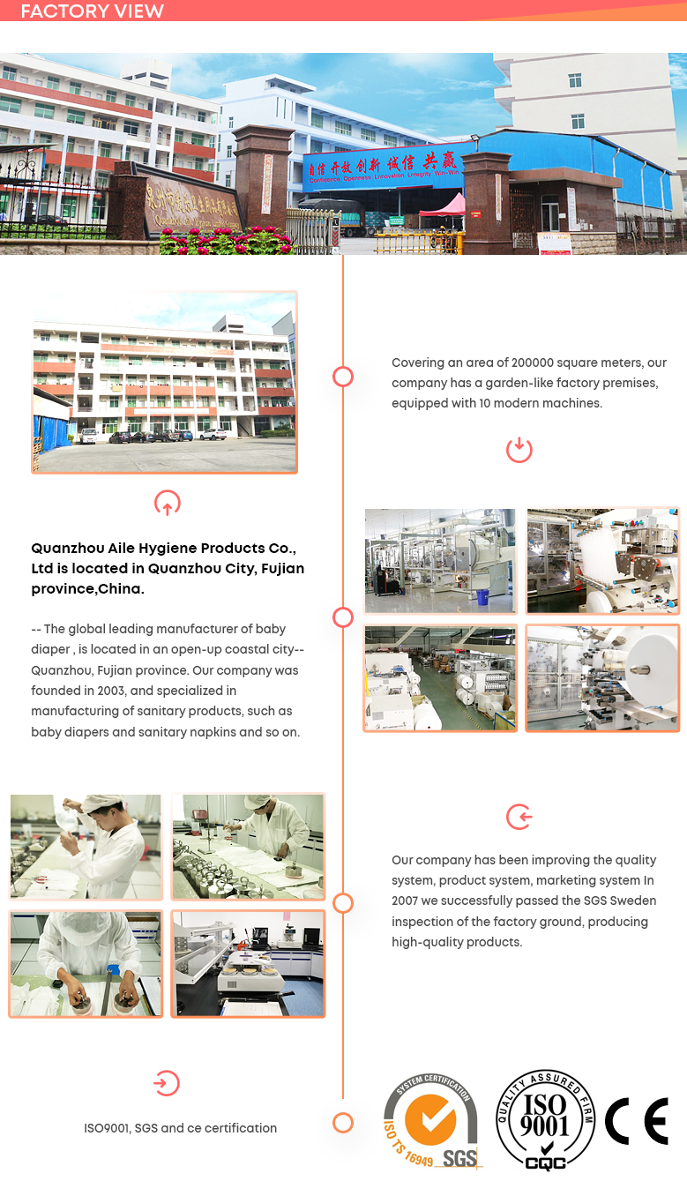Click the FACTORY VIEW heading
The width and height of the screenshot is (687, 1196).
tap(92, 11)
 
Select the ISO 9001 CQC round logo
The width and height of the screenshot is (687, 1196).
tap(547, 1121)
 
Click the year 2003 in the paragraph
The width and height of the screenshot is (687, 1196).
tap(131, 691)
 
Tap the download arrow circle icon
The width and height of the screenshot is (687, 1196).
tap(519, 449)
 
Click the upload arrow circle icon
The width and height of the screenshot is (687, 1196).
tap(167, 503)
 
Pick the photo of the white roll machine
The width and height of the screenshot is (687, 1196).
tap(603, 678)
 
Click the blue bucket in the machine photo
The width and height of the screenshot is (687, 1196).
tap(483, 597)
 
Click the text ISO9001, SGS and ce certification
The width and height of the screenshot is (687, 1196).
tap(180, 1127)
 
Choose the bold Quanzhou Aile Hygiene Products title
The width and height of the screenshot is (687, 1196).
tap(168, 568)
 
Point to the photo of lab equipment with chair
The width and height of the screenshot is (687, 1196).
tap(247, 963)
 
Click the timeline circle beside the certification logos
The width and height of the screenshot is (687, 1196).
tap(343, 1122)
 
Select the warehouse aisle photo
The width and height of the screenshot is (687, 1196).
tap(440, 678)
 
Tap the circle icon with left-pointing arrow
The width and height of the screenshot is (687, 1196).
tap(519, 817)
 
